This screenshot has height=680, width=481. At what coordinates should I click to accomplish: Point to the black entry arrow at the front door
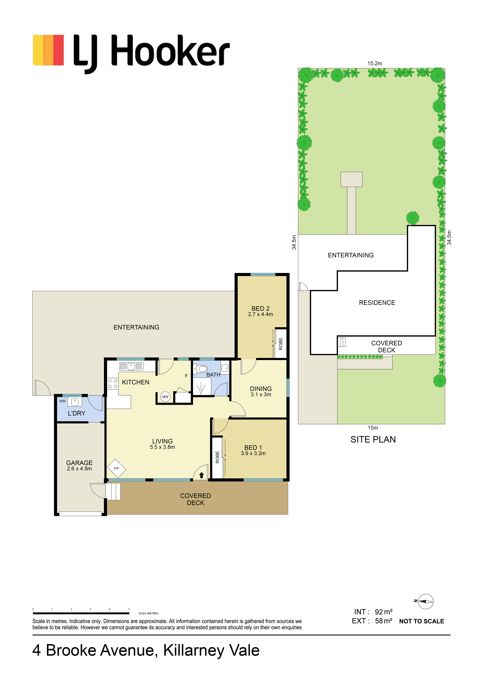201,475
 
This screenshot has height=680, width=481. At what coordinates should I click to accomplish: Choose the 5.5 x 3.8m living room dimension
162,447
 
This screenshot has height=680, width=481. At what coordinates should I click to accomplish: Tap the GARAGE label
79,463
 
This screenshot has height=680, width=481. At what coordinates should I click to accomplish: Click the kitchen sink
131,366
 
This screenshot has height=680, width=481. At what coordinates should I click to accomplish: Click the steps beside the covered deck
113,492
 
